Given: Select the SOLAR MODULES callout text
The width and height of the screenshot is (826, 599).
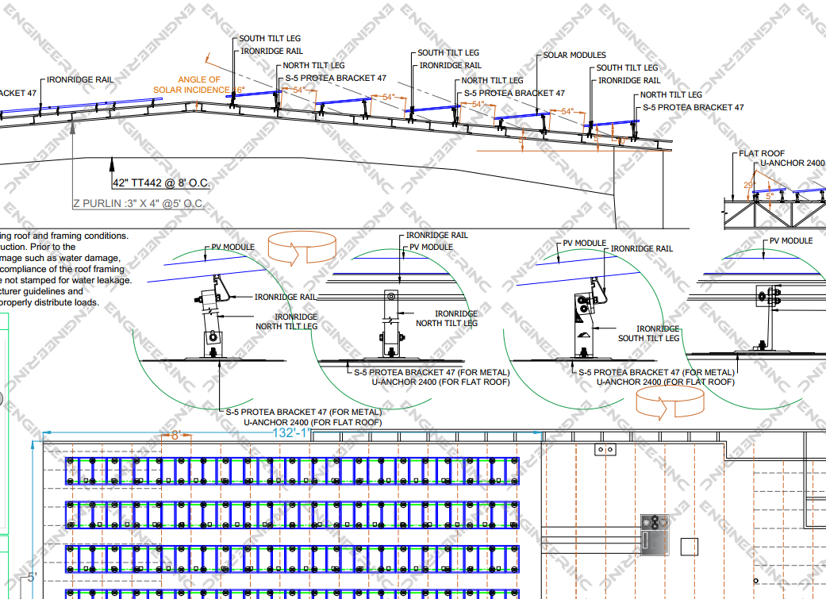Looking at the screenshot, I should (574, 56).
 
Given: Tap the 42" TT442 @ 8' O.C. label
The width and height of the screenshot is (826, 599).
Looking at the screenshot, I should (161, 183).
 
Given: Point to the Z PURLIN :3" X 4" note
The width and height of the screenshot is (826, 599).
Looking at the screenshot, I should (138, 204).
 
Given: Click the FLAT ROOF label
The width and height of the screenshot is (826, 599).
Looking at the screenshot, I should (762, 153).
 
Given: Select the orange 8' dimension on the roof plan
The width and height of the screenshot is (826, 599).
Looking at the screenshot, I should (176, 435).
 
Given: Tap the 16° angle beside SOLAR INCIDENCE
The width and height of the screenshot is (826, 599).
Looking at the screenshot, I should (237, 90).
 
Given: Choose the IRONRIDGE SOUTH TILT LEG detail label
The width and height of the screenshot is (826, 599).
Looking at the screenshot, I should (648, 333).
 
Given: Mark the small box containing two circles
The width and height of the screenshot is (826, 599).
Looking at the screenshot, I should (605, 450).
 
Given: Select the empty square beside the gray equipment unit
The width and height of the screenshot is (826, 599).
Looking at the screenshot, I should (690, 547).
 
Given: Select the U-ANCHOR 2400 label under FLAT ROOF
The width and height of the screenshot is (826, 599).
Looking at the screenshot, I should (793, 163).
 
